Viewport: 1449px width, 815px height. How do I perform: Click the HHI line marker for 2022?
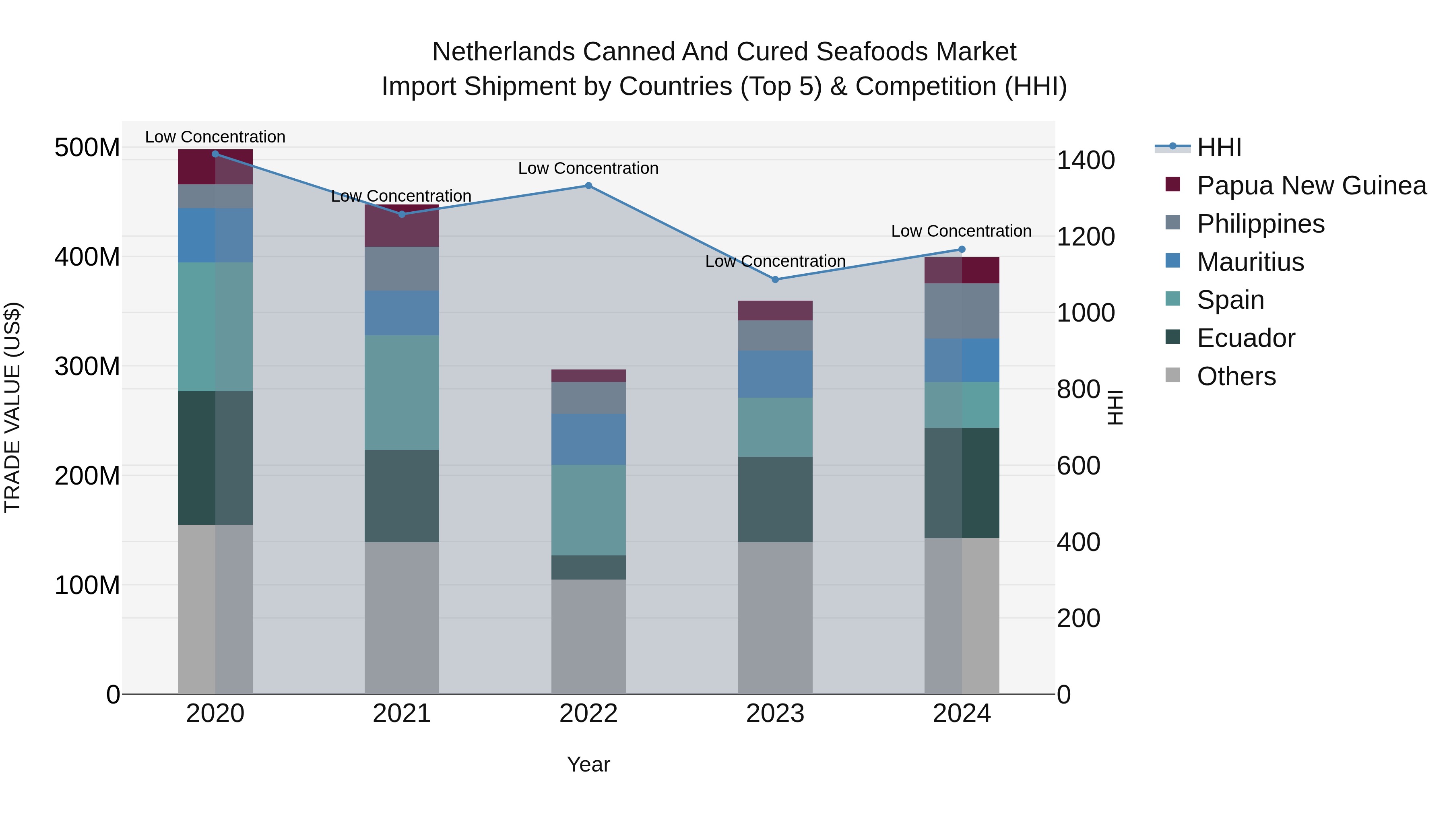tap(588, 186)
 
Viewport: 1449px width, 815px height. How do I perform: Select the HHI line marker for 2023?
tap(775, 280)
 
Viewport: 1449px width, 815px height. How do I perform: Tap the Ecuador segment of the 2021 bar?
tap(402, 496)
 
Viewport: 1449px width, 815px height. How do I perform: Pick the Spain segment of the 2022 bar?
tap(588, 510)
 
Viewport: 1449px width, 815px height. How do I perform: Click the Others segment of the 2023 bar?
tap(775, 618)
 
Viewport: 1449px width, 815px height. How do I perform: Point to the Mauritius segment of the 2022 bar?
tap(588, 439)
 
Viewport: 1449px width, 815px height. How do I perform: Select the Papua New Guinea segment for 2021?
tap(402, 226)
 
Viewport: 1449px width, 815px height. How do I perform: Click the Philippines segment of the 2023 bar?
tap(775, 336)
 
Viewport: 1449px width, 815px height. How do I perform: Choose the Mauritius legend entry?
tap(1250, 262)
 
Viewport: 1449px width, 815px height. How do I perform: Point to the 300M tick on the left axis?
tap(87, 366)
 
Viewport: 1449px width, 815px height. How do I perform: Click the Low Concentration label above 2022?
tap(588, 168)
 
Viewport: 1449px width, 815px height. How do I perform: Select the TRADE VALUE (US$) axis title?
tap(12, 407)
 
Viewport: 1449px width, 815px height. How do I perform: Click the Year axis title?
tap(588, 764)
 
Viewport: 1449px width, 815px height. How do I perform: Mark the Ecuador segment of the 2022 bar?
tap(588, 567)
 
